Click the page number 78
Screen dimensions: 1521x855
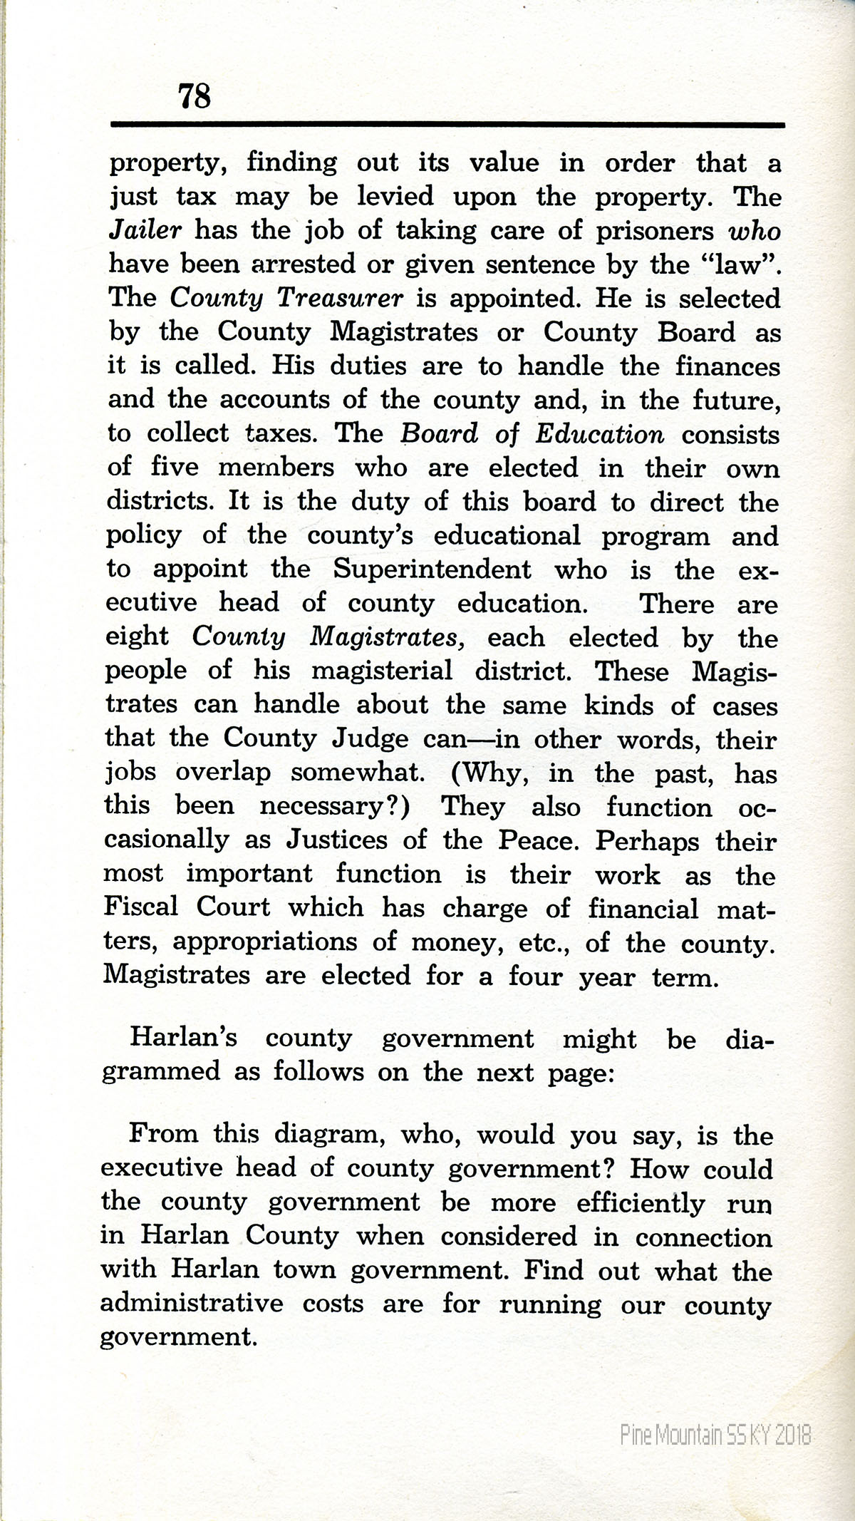195,96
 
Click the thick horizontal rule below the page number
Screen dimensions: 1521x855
447,125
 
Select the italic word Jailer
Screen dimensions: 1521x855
146,230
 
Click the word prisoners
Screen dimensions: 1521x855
655,231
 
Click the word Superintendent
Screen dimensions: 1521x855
432,569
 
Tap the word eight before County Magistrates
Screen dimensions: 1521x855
138,636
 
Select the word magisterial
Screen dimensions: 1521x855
382,670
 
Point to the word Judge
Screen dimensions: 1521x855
370,738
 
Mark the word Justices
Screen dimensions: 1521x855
337,840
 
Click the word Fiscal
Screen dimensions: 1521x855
140,907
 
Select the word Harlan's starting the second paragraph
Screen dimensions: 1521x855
183,1038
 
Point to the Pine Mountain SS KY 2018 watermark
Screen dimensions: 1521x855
715,1434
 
